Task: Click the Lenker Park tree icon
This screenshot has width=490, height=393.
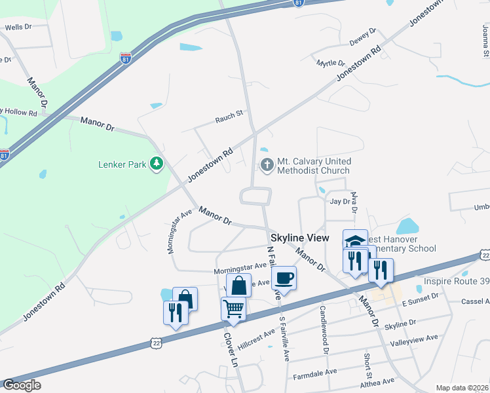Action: (x=157, y=164)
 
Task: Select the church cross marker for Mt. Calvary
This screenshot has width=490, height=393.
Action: (x=267, y=165)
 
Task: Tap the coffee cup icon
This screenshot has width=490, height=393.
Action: (x=284, y=278)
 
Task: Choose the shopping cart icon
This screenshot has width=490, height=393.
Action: (x=233, y=307)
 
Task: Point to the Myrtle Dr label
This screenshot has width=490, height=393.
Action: (x=331, y=63)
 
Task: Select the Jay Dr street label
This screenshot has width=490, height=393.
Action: (x=340, y=202)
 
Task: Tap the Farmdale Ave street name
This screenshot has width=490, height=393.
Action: (x=314, y=371)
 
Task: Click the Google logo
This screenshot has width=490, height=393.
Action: (x=22, y=385)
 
